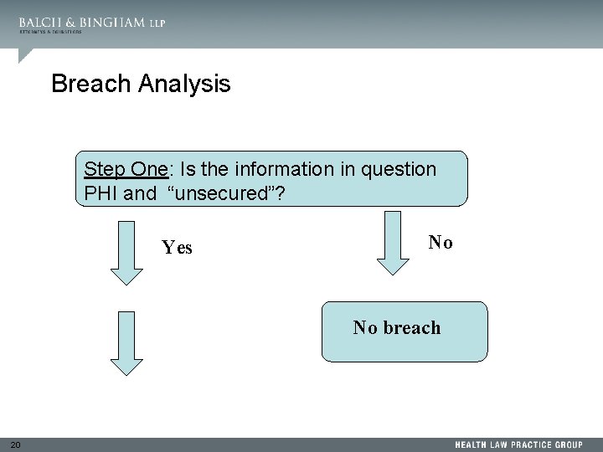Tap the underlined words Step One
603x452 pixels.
[126, 170]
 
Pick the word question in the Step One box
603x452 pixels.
[399, 170]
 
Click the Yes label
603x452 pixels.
[177, 248]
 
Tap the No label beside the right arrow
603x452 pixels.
[441, 243]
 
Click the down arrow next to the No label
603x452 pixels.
[391, 243]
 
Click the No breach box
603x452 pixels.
[404, 331]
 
